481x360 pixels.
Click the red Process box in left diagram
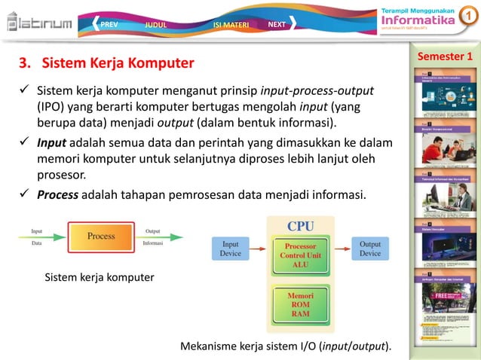[x=100, y=236]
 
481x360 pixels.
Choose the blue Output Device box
[x=369, y=249]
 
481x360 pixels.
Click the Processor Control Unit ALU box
[x=301, y=255]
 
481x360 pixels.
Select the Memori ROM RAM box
[x=301, y=305]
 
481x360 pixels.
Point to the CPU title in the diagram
[x=300, y=225]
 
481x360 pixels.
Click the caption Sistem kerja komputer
[x=100, y=278]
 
